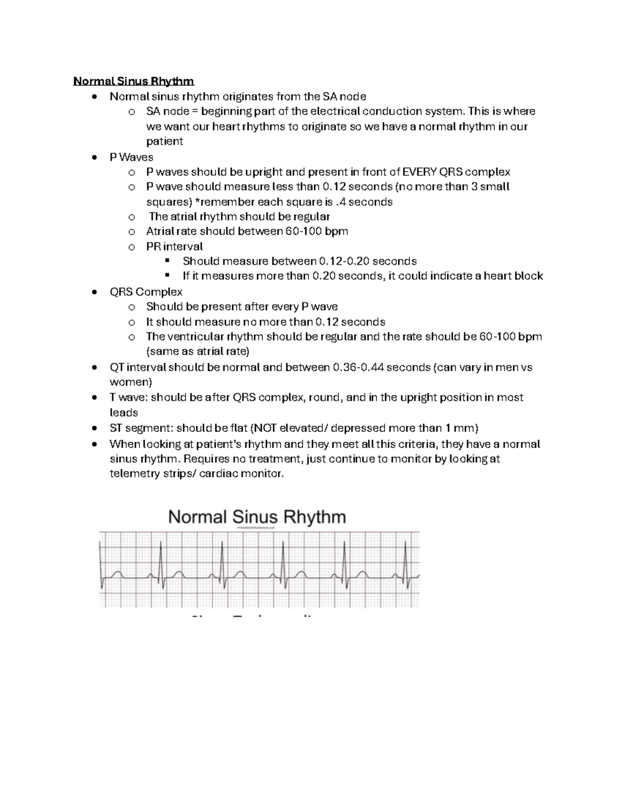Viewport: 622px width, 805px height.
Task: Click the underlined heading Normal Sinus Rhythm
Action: coord(133,81)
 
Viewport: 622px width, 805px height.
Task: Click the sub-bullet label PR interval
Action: coord(174,246)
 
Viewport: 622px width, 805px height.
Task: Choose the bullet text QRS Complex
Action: coord(146,292)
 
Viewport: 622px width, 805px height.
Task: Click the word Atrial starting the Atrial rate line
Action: coord(159,231)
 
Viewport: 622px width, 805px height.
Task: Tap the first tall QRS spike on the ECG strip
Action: coord(161,555)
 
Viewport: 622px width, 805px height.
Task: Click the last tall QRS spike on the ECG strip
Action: coord(405,555)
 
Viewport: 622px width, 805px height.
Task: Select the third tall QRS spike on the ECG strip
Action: coord(283,555)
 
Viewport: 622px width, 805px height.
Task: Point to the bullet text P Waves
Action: coord(131,157)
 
